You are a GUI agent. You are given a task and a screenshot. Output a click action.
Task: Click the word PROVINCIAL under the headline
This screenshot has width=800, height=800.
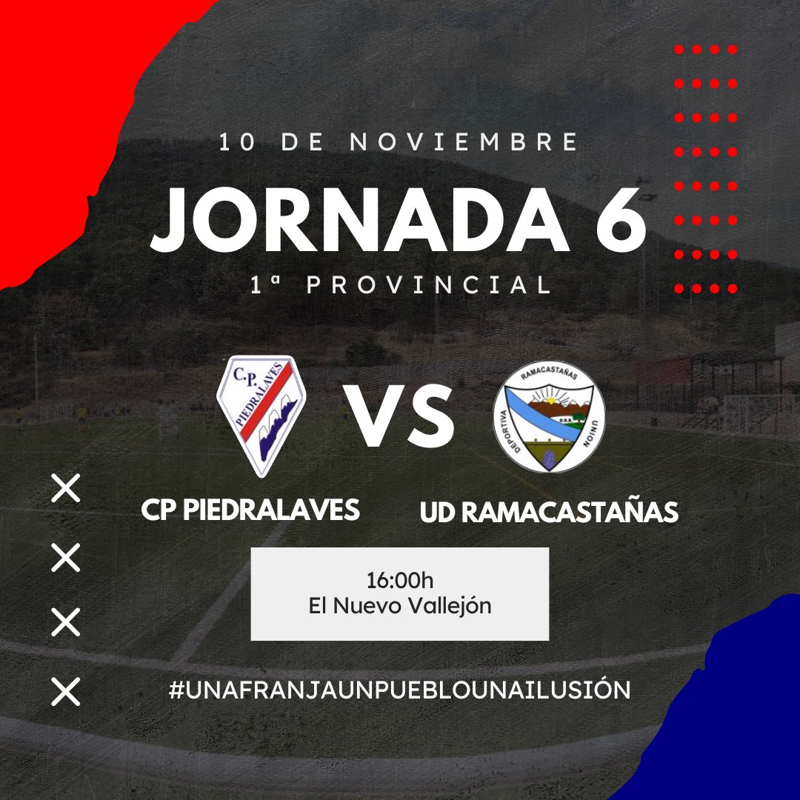(x=430, y=285)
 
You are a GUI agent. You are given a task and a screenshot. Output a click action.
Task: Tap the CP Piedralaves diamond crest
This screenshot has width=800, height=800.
(x=261, y=414)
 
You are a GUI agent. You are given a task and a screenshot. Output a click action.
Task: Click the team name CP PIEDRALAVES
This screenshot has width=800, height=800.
(x=250, y=510)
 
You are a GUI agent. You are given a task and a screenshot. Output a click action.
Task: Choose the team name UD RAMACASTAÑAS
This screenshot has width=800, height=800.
(x=549, y=512)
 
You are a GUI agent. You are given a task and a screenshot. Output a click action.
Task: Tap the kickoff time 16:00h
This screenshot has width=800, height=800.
(x=399, y=579)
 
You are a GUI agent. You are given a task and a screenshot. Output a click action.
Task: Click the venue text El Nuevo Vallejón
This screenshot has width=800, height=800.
(x=399, y=606)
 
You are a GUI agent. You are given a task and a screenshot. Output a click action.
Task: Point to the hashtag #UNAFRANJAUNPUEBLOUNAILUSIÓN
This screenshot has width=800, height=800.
(x=399, y=690)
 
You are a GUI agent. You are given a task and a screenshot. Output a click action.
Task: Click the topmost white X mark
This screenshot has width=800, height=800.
(x=65, y=490)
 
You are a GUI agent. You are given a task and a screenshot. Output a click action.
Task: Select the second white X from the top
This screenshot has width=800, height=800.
(x=65, y=557)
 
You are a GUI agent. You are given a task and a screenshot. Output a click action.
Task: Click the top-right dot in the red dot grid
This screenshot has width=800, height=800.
(x=733, y=50)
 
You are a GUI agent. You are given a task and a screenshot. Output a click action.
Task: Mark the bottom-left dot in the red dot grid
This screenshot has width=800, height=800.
(x=679, y=288)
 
